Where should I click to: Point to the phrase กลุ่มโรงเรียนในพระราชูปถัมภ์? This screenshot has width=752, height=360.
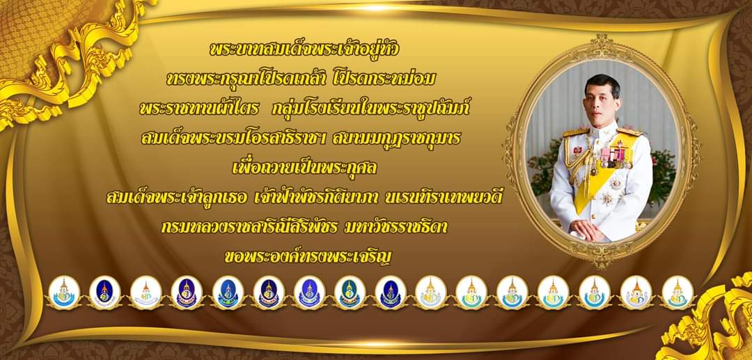369,109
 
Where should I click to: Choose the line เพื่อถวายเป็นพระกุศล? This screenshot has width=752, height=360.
305,167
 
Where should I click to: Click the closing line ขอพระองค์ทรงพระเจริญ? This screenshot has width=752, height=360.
308,257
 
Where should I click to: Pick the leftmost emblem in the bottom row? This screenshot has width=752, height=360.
64,292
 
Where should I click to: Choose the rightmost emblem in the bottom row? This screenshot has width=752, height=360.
677,292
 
